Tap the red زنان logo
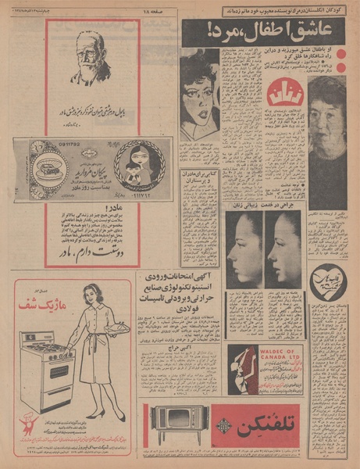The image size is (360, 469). click(x=283, y=94)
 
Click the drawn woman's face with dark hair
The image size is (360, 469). click(x=200, y=94)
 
